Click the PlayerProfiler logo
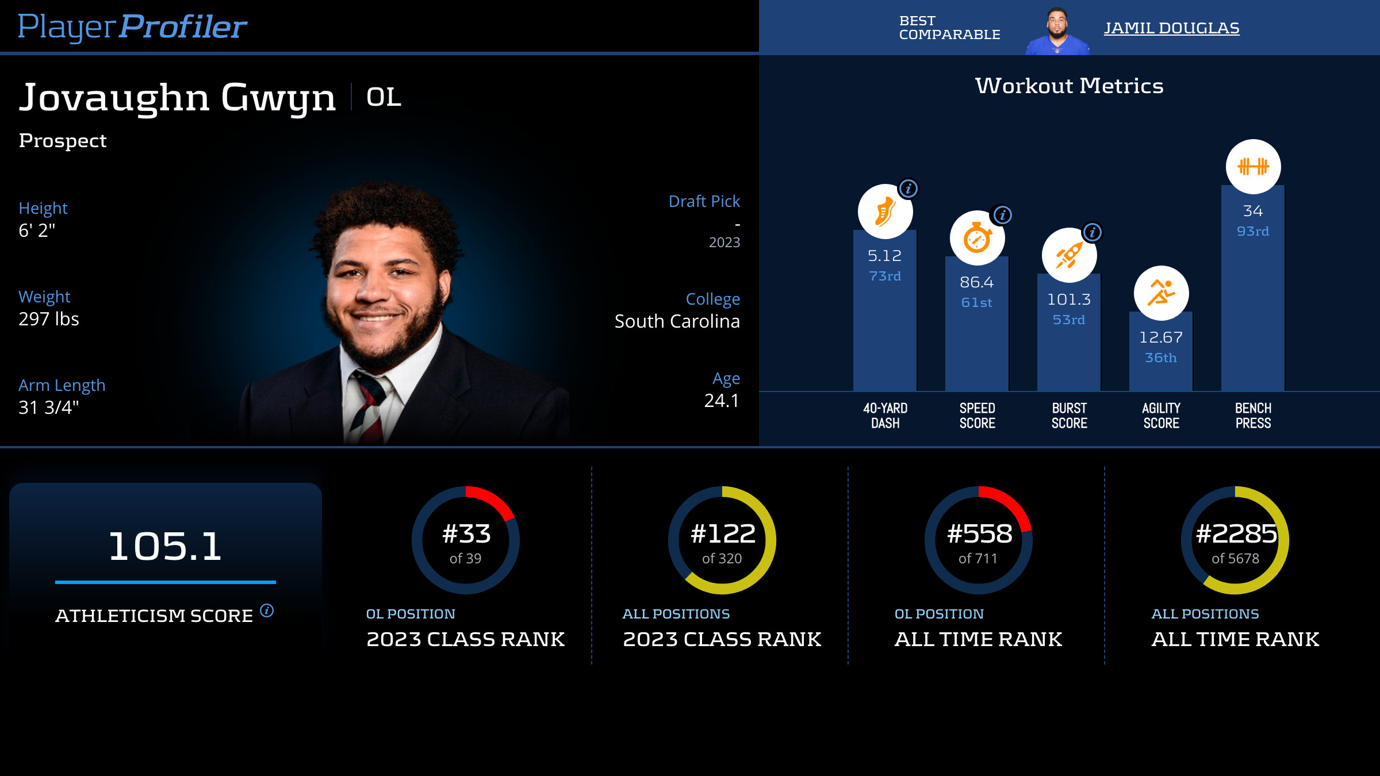pyautogui.click(x=132, y=26)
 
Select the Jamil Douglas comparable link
pyautogui.click(x=1171, y=28)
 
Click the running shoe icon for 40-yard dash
pyautogui.click(x=885, y=212)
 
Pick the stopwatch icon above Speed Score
pyautogui.click(x=977, y=239)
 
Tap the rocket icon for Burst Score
pyautogui.click(x=1069, y=255)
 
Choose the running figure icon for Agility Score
pyautogui.click(x=1161, y=293)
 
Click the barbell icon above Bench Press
pyautogui.click(x=1253, y=167)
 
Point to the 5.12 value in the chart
pyautogui.click(x=884, y=256)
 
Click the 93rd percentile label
pyautogui.click(x=1253, y=231)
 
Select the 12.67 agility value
pyautogui.click(x=1161, y=337)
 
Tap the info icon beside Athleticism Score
pyautogui.click(x=267, y=610)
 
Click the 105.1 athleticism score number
pyautogui.click(x=165, y=546)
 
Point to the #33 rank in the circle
pyautogui.click(x=466, y=534)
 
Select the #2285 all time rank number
pyautogui.click(x=1236, y=534)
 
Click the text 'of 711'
pyautogui.click(x=978, y=559)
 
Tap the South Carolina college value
pyautogui.click(x=677, y=321)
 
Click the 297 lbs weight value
pyautogui.click(x=49, y=319)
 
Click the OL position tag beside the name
pyautogui.click(x=384, y=97)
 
